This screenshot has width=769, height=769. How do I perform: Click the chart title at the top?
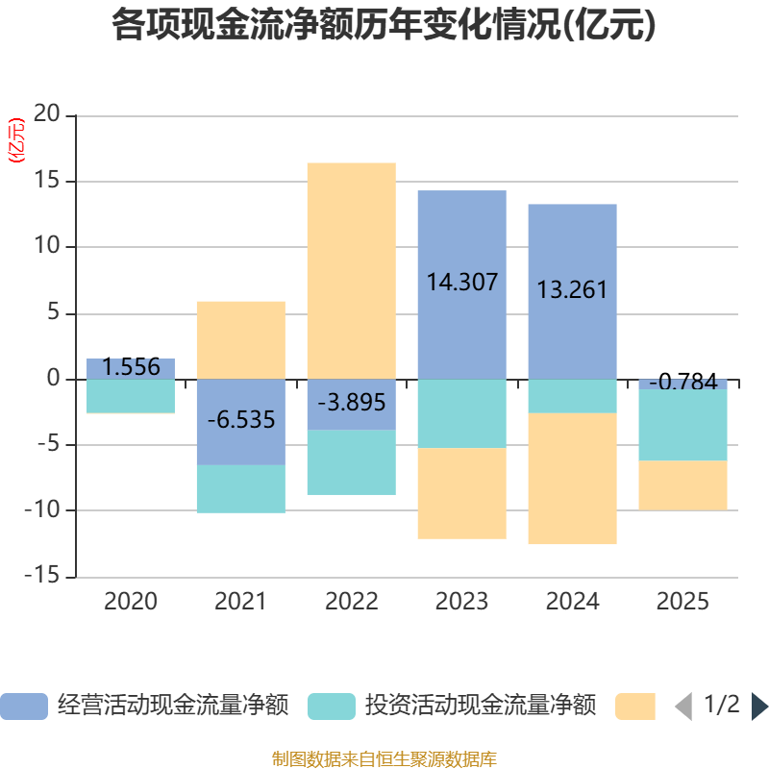pyautogui.click(x=384, y=26)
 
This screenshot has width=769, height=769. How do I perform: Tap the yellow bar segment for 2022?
pyautogui.click(x=351, y=269)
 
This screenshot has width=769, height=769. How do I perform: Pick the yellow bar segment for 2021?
pyautogui.click(x=240, y=339)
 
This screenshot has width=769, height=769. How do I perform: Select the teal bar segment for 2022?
pyautogui.click(x=351, y=462)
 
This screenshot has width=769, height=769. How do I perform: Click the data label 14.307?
pyautogui.click(x=461, y=283)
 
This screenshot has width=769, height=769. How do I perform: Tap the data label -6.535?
pyautogui.click(x=240, y=420)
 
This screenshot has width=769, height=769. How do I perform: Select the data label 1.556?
pyautogui.click(x=131, y=367)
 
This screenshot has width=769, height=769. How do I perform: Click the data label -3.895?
pyautogui.click(x=351, y=404)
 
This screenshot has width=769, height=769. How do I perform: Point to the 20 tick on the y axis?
pyautogui.click(x=47, y=115)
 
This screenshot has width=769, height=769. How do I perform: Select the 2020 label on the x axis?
pyautogui.click(x=131, y=603)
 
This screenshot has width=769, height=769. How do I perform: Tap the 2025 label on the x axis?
pyautogui.click(x=682, y=603)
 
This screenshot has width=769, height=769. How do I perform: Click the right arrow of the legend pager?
pyautogui.click(x=759, y=707)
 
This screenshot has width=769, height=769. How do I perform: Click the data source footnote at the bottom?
pyautogui.click(x=384, y=758)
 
